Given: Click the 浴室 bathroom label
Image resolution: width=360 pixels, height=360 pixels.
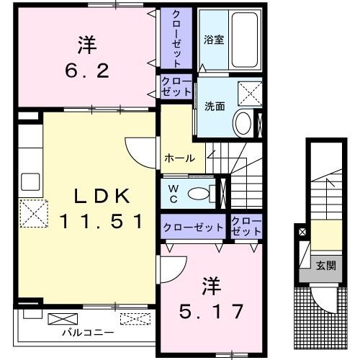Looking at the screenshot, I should [x=213, y=40].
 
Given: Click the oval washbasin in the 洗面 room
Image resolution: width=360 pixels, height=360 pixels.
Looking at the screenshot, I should [x=242, y=124].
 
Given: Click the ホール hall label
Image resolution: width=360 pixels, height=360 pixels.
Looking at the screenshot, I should [x=178, y=157].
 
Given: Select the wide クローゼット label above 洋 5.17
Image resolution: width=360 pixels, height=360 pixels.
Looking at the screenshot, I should [x=193, y=228].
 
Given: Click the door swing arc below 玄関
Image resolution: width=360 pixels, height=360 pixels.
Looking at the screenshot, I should [x=324, y=297].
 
